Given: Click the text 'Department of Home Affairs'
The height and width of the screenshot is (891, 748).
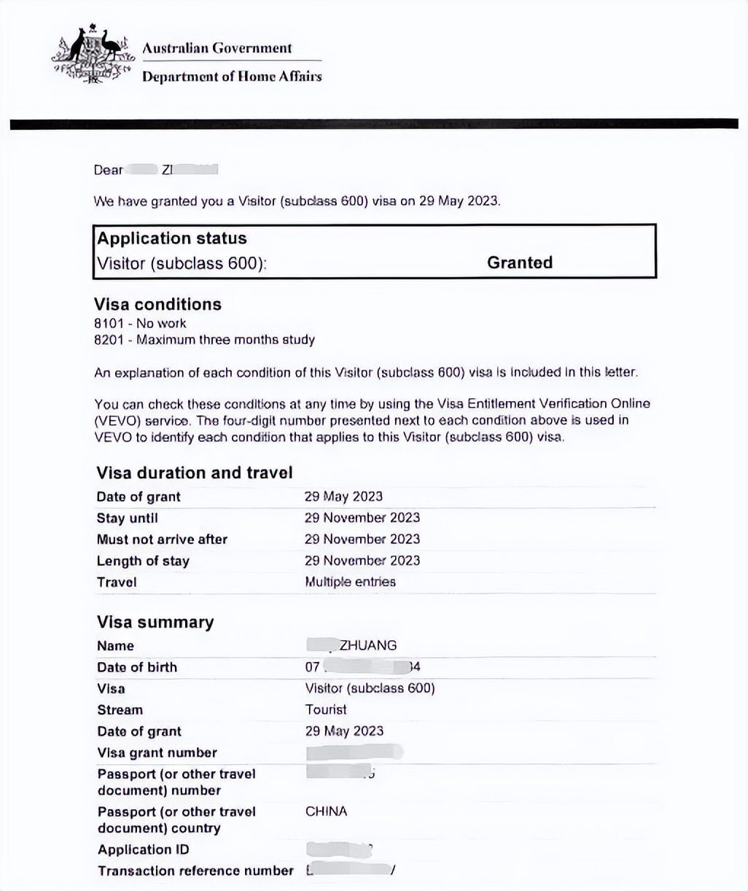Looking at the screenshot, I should (x=231, y=77).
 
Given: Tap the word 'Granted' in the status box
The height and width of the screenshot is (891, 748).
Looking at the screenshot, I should (x=520, y=262).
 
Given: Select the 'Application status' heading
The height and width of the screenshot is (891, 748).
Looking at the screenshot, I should (x=172, y=238).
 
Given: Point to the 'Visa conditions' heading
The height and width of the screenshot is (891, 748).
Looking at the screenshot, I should (x=157, y=304).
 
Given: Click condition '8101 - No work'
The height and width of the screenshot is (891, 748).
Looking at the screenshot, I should (x=140, y=323).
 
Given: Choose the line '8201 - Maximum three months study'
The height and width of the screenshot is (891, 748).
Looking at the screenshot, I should (x=204, y=340).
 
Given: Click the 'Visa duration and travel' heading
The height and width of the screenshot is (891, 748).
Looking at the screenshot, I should (x=194, y=472).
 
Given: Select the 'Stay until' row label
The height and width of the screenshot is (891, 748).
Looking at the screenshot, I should (x=127, y=518).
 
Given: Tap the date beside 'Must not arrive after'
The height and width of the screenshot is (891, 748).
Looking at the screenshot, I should (x=362, y=540).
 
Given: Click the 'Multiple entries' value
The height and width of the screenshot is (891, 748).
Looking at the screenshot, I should (x=350, y=582).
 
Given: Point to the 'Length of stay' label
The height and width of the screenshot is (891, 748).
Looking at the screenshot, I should (x=143, y=561).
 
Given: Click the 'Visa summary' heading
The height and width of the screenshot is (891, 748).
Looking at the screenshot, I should (x=155, y=622).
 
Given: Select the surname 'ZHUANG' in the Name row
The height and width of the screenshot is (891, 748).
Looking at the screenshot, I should (x=368, y=645).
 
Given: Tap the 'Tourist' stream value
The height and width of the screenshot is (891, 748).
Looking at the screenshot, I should (x=326, y=709).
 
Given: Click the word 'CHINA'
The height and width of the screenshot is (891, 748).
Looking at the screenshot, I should (x=326, y=812).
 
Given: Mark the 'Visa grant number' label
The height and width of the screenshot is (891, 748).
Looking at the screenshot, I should (x=157, y=752).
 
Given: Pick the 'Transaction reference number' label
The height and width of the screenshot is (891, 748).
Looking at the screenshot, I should (x=195, y=871).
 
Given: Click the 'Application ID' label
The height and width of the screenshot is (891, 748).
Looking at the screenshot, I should (x=144, y=849).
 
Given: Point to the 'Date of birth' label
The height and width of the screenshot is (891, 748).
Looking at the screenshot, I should (x=136, y=667).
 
